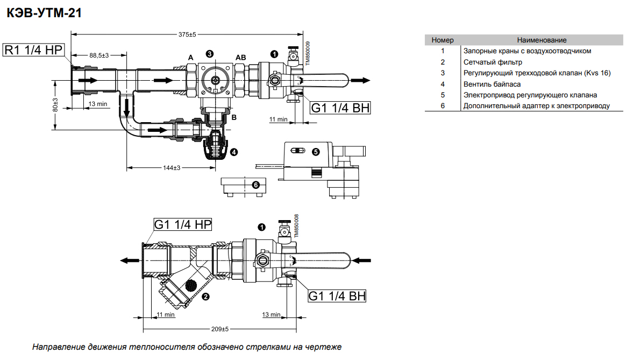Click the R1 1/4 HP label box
click(x=34, y=50)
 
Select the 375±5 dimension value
click(x=187, y=34)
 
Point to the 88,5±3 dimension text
click(x=99, y=55)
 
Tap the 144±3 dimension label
click(x=171, y=168)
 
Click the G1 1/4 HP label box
click(x=183, y=224)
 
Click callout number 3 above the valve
click(x=209, y=53)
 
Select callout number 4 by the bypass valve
click(x=233, y=152)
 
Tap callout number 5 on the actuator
click(x=316, y=152)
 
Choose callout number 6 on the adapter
click(x=256, y=185)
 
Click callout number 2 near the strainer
click(x=204, y=296)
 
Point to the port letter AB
click(x=240, y=58)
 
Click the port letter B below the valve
click(x=234, y=117)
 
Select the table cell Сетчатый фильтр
click(x=493, y=62)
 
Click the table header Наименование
click(x=542, y=40)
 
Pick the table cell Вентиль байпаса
click(x=492, y=84)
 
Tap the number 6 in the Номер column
click(x=443, y=105)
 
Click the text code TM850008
click(x=296, y=227)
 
